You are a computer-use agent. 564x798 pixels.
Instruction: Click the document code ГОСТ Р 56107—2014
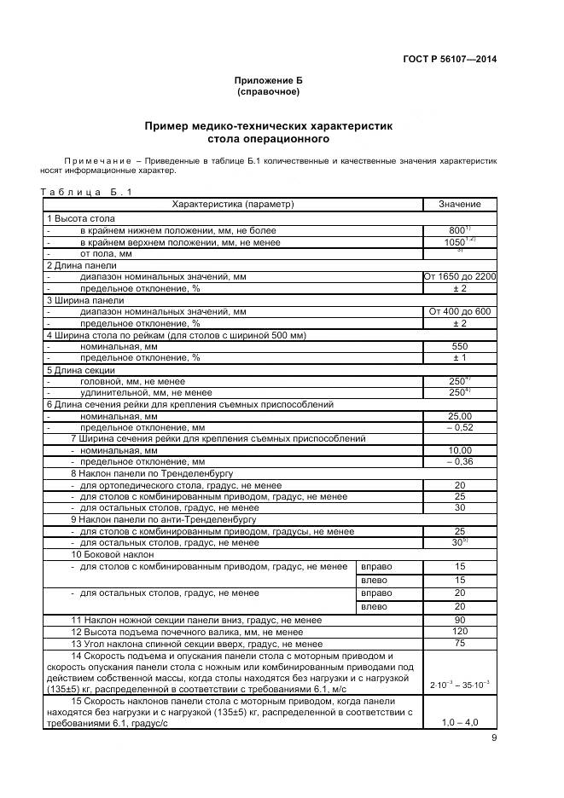point(449,59)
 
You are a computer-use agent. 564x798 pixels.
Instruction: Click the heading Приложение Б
point(268,80)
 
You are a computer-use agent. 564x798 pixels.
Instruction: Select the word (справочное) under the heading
point(268,91)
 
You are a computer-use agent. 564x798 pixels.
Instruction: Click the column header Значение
point(459,205)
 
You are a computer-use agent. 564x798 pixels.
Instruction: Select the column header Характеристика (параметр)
point(233,205)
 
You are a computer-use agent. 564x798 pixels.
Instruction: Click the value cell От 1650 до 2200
point(459,277)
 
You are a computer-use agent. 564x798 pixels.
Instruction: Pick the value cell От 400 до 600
point(459,312)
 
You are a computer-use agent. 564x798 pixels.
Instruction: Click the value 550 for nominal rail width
point(459,347)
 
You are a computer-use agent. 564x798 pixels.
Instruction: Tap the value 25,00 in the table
point(459,416)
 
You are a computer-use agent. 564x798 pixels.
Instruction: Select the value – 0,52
point(459,427)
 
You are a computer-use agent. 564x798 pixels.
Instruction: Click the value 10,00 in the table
point(459,450)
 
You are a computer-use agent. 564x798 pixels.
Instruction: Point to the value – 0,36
point(459,462)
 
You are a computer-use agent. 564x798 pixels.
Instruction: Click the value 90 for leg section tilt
point(459,620)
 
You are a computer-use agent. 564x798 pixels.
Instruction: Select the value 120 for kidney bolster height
point(459,632)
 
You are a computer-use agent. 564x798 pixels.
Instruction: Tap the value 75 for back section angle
point(459,644)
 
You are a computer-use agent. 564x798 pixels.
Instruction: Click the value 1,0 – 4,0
point(459,722)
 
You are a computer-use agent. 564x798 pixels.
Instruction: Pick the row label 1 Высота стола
point(81,219)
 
